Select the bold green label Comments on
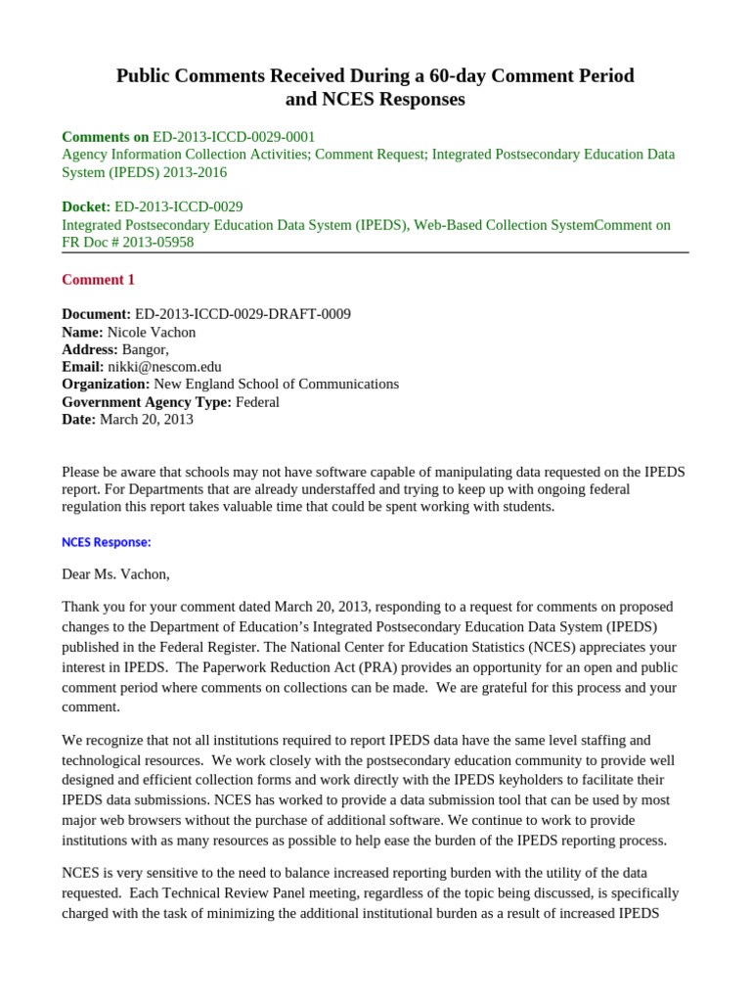click(106, 137)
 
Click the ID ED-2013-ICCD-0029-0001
click(234, 137)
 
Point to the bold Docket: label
click(86, 206)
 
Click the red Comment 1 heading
click(98, 280)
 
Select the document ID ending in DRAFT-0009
click(243, 314)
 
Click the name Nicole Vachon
click(152, 332)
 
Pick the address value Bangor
click(145, 349)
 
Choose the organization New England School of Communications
click(276, 385)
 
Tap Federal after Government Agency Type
click(257, 402)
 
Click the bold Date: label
click(79, 420)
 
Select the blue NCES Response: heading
click(106, 542)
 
